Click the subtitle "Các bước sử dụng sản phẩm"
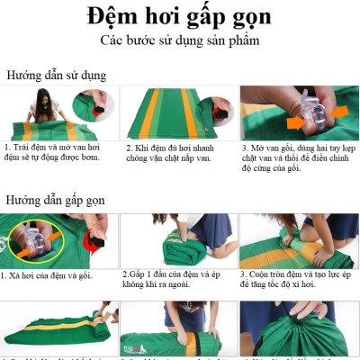(x=180, y=42)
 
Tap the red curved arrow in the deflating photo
(x=91, y=240)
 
